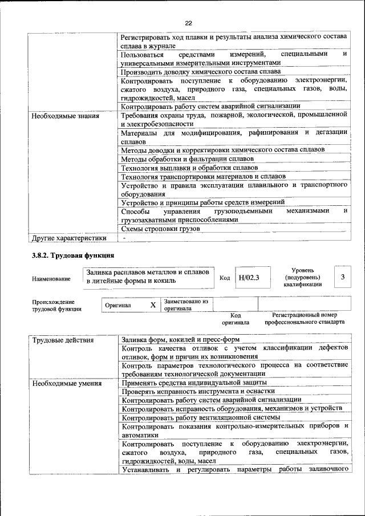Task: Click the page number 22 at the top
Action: [188, 23]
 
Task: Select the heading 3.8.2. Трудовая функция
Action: [73, 255]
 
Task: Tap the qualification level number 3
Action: [342, 277]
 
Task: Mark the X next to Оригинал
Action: [153, 305]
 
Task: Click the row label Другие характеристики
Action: [69, 238]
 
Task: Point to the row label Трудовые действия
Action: [63, 340]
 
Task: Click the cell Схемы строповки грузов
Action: [161, 229]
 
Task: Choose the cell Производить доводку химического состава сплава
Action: [201, 72]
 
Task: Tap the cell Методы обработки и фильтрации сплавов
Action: [188, 159]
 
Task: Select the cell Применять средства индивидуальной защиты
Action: [194, 383]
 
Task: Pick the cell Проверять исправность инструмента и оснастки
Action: [198, 391]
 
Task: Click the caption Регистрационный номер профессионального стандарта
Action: [305, 318]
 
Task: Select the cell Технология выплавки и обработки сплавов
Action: [190, 168]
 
